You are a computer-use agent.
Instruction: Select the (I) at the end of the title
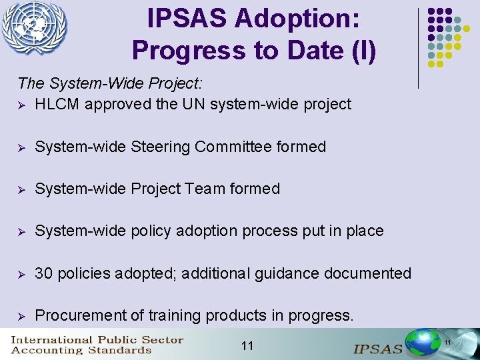click(x=363, y=50)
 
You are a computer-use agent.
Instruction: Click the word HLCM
click(x=57, y=104)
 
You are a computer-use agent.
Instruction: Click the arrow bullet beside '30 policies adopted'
click(x=22, y=273)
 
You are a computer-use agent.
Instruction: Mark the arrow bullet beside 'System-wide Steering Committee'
click(x=22, y=147)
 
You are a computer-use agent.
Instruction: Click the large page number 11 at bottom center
click(x=247, y=345)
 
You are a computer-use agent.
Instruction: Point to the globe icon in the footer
click(x=424, y=343)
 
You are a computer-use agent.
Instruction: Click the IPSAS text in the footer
click(x=378, y=348)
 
